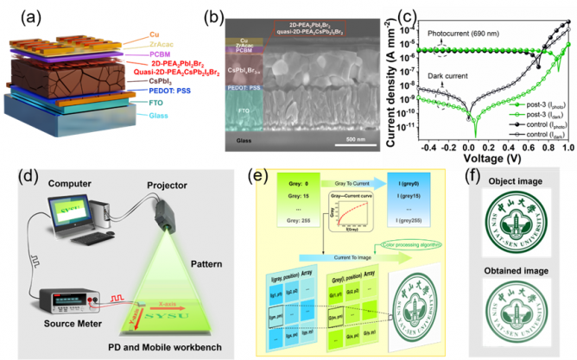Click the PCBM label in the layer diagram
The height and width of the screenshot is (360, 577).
(x=140, y=53)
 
